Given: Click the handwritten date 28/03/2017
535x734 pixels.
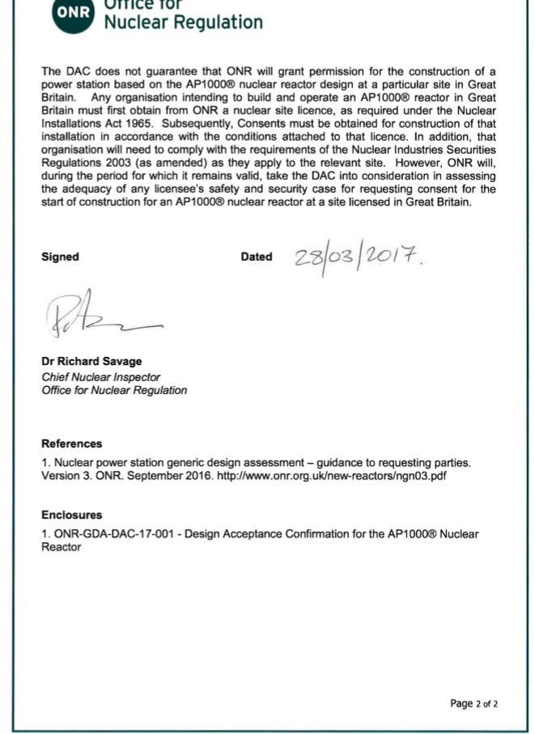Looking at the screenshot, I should pyautogui.click(x=358, y=259).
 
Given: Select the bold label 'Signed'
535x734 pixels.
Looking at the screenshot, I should pyautogui.click(x=60, y=257).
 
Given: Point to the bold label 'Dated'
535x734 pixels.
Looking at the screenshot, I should pyautogui.click(x=257, y=257).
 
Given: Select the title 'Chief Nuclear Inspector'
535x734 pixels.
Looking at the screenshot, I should pyautogui.click(x=100, y=376).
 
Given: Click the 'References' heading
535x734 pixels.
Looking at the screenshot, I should pyautogui.click(x=72, y=443).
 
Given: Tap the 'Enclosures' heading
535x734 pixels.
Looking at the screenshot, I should pyautogui.click(x=72, y=515).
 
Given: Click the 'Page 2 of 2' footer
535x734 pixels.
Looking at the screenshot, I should pyautogui.click(x=474, y=703).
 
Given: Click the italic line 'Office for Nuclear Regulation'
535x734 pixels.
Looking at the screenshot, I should pyautogui.click(x=114, y=390).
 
